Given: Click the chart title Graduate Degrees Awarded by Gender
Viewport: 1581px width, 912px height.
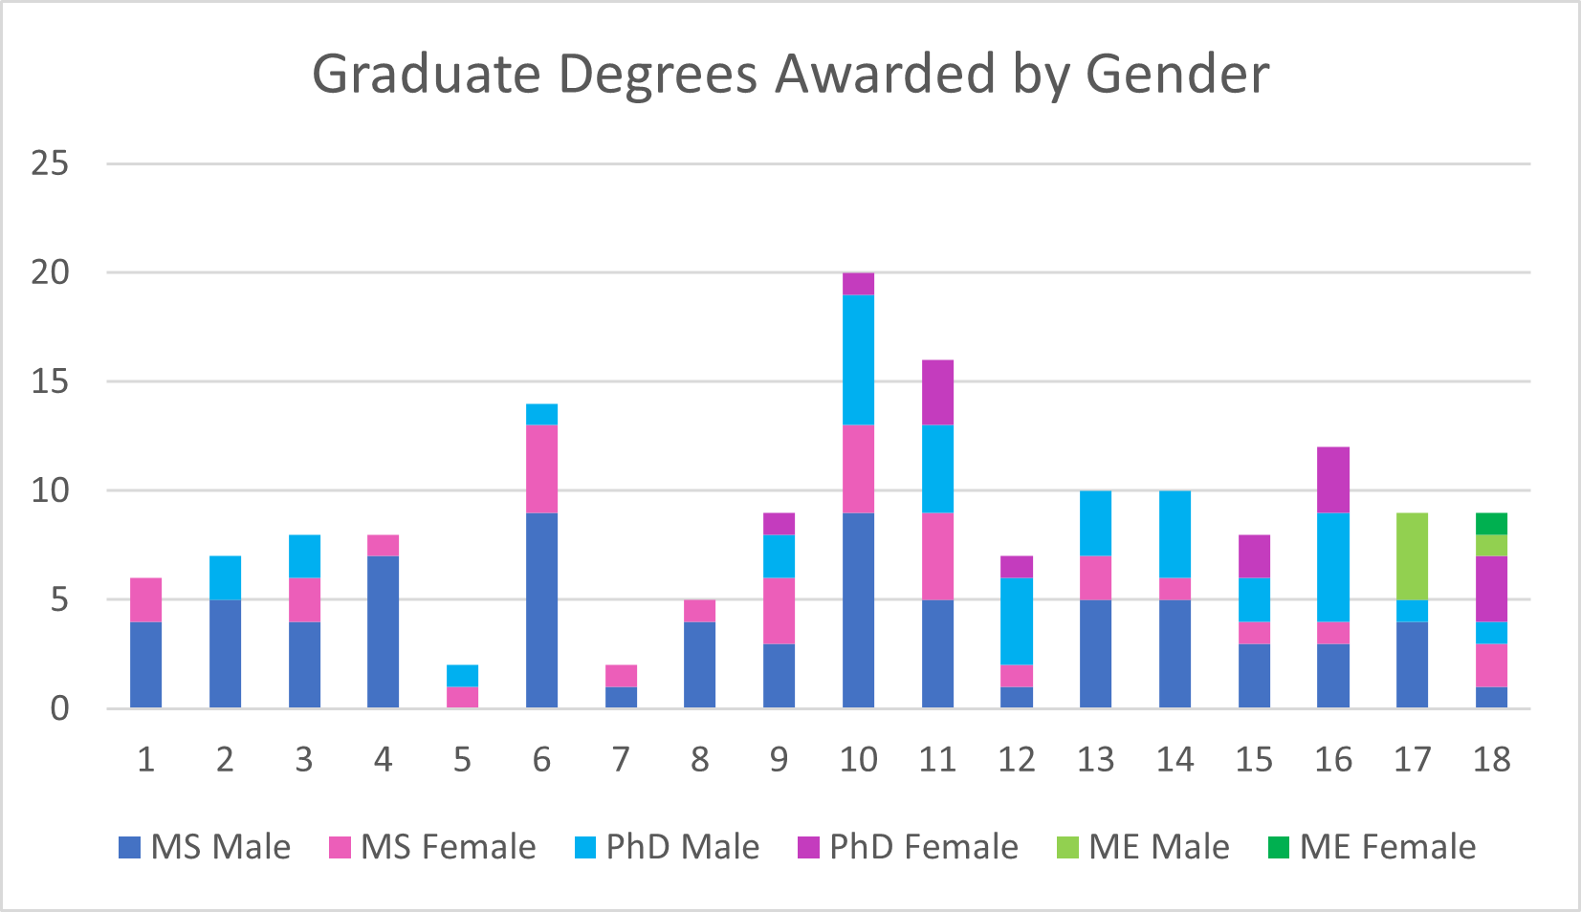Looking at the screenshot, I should pyautogui.click(x=790, y=75).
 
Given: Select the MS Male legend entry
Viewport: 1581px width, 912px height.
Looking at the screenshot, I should pyautogui.click(x=205, y=847).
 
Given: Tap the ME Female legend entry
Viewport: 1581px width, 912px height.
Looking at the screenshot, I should pyautogui.click(x=1372, y=847).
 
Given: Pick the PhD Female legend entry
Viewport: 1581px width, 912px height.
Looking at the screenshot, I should pyautogui.click(x=908, y=847).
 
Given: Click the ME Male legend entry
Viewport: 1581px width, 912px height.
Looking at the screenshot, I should pyautogui.click(x=1144, y=847).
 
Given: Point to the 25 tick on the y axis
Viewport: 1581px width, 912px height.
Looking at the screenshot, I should pyautogui.click(x=50, y=163).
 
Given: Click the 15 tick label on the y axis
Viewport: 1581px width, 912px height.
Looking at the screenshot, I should pyautogui.click(x=50, y=381).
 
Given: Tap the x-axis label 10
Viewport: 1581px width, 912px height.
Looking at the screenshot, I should pyautogui.click(x=858, y=760).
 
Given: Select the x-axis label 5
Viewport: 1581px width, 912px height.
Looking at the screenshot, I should pyautogui.click(x=462, y=760).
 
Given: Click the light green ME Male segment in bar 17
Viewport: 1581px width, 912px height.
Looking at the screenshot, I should pyautogui.click(x=1412, y=556).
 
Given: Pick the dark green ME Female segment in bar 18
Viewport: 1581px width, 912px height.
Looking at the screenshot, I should pyautogui.click(x=1491, y=524).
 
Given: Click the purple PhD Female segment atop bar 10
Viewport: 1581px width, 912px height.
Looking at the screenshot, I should pyautogui.click(x=858, y=284).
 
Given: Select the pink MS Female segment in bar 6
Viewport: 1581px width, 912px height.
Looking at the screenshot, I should pyautogui.click(x=541, y=468).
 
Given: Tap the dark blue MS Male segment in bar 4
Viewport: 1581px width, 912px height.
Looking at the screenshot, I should pyautogui.click(x=383, y=631).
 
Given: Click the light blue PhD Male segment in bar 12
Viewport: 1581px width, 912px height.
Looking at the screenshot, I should pyautogui.click(x=1016, y=621).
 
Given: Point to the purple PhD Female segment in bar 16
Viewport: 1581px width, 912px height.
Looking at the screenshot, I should pyautogui.click(x=1332, y=480).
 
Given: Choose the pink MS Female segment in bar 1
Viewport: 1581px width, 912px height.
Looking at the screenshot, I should pyautogui.click(x=145, y=599).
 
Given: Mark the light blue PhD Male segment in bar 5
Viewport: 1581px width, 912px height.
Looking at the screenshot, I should pyautogui.click(x=462, y=676).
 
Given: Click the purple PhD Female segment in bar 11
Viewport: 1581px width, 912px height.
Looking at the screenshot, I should pyautogui.click(x=937, y=392).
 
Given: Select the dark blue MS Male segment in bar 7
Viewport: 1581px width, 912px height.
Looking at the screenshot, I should pyautogui.click(x=621, y=697).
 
